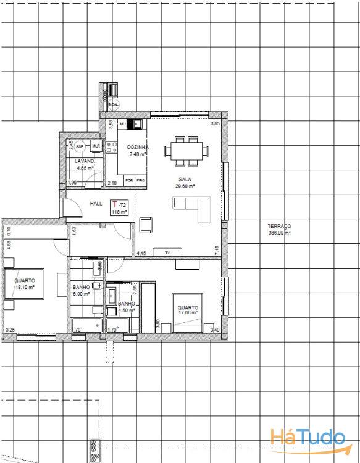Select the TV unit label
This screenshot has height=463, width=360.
[167, 252]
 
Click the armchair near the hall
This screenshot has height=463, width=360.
[147, 225]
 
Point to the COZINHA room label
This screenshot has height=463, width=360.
[137, 148]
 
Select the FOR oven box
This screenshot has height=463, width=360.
[129, 181]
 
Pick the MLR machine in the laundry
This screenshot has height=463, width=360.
[95, 146]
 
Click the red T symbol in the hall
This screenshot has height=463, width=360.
[114, 204]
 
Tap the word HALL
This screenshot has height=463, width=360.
[96, 204]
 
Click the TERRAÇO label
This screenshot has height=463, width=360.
[279, 227]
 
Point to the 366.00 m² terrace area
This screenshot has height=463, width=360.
[279, 233]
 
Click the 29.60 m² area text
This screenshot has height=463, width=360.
[185, 186]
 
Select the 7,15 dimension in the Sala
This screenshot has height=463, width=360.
[216, 250]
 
